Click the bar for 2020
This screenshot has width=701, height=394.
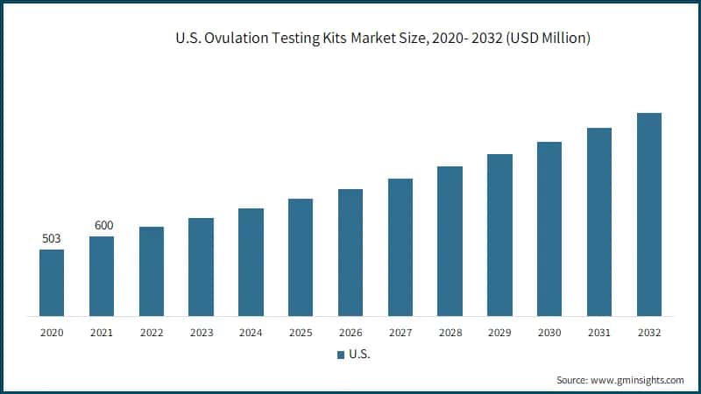[x=52, y=282]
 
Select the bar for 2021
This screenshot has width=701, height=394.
[x=102, y=276]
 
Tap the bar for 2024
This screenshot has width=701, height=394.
[x=251, y=262]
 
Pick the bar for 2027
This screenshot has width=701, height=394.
[x=400, y=247]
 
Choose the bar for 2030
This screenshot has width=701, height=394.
[x=549, y=229]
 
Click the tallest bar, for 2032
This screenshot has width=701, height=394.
[x=648, y=214]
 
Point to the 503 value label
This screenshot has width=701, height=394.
[x=52, y=239]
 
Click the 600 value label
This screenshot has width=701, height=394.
[x=103, y=226]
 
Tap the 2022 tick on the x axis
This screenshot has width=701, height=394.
[x=152, y=333]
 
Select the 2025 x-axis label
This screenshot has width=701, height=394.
[x=301, y=333]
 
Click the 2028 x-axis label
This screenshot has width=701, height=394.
[x=450, y=333]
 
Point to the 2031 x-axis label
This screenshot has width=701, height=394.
[x=599, y=333]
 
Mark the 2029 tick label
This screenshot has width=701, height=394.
[x=499, y=333]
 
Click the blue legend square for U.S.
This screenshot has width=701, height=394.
[x=341, y=355]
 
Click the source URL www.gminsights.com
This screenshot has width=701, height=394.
[x=639, y=380]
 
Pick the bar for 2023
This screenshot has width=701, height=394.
[x=201, y=266]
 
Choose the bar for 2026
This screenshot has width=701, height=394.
[x=350, y=252]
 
